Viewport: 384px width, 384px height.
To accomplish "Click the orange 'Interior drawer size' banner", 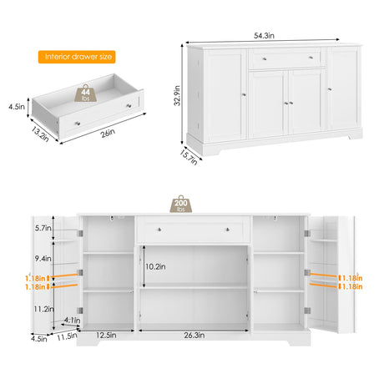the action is click(77, 57).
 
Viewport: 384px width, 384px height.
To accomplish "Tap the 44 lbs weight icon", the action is click(86, 93).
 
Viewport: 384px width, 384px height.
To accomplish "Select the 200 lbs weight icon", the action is click(181, 204).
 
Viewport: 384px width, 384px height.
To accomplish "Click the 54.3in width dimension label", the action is click(264, 36).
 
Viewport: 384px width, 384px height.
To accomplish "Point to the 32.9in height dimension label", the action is click(177, 95).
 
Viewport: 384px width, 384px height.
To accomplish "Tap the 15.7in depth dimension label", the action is click(189, 158).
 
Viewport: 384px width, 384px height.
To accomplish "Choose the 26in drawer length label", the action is click(108, 133).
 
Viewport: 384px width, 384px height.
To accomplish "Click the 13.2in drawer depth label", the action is click(40, 134).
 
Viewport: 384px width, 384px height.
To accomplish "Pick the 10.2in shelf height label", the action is click(155, 266).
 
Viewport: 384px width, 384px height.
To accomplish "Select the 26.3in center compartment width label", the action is click(195, 336).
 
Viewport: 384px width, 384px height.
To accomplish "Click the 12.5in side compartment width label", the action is click(106, 335).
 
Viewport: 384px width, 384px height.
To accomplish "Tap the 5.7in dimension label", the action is click(43, 228).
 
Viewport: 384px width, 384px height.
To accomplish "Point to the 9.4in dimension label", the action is click(43, 259).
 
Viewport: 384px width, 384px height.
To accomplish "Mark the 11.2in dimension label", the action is click(43, 309).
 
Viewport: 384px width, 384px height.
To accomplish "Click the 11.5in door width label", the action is click(67, 336).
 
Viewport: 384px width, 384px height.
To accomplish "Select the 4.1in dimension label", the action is click(72, 321).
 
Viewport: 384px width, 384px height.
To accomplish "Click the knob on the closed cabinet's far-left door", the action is click(244, 95).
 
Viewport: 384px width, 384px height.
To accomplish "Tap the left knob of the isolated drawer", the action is click(78, 124).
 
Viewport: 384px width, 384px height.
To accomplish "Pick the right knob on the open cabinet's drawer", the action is click(228, 230).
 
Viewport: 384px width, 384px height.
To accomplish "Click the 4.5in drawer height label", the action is click(17, 107).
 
